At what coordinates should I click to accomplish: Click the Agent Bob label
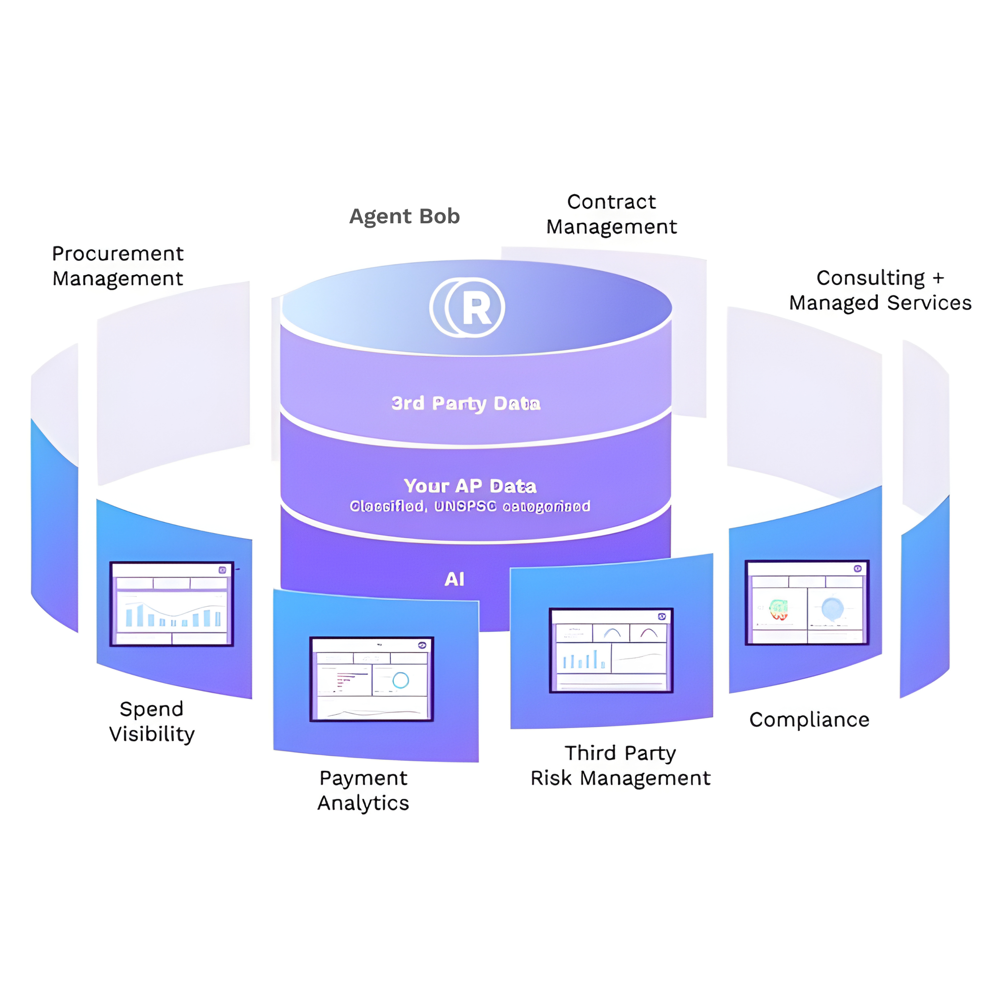coord(405,216)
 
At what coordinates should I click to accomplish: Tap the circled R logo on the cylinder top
coord(467,308)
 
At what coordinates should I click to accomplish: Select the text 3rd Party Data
coord(465,404)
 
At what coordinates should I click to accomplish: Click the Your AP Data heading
coord(470,486)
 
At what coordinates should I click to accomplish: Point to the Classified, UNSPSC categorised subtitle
coord(470,506)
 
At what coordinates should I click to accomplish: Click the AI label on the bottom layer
coord(454,579)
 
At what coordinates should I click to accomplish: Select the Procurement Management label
coord(118,266)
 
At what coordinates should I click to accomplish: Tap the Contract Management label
coord(611,214)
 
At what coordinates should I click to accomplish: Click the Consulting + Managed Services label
coord(880,290)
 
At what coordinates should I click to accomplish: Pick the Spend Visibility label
coord(152,721)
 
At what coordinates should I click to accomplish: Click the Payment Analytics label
coord(363,790)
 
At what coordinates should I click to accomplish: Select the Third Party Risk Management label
coord(620,766)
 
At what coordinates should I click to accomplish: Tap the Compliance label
coord(809,720)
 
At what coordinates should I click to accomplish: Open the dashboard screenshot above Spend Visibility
coord(172,604)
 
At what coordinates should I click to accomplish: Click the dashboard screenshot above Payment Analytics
coord(372,679)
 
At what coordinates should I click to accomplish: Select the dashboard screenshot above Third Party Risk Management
coord(611,651)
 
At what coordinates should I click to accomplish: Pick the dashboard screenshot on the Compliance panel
coord(807,602)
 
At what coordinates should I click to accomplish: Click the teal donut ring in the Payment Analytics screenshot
coord(401,680)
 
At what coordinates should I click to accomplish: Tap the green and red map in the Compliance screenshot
coord(779,610)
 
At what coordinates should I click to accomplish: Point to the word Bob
coord(440,216)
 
